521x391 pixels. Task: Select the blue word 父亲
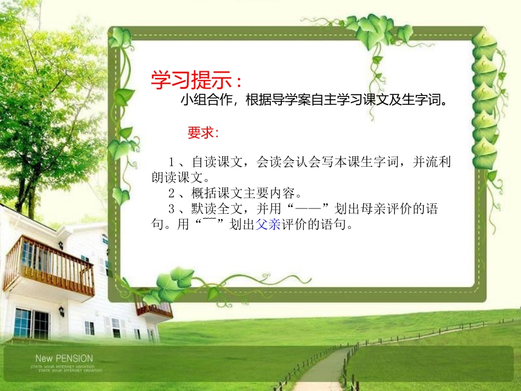(x=268, y=225)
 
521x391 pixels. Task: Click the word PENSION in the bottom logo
(x=75, y=359)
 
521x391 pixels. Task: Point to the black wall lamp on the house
(x=61, y=311)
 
